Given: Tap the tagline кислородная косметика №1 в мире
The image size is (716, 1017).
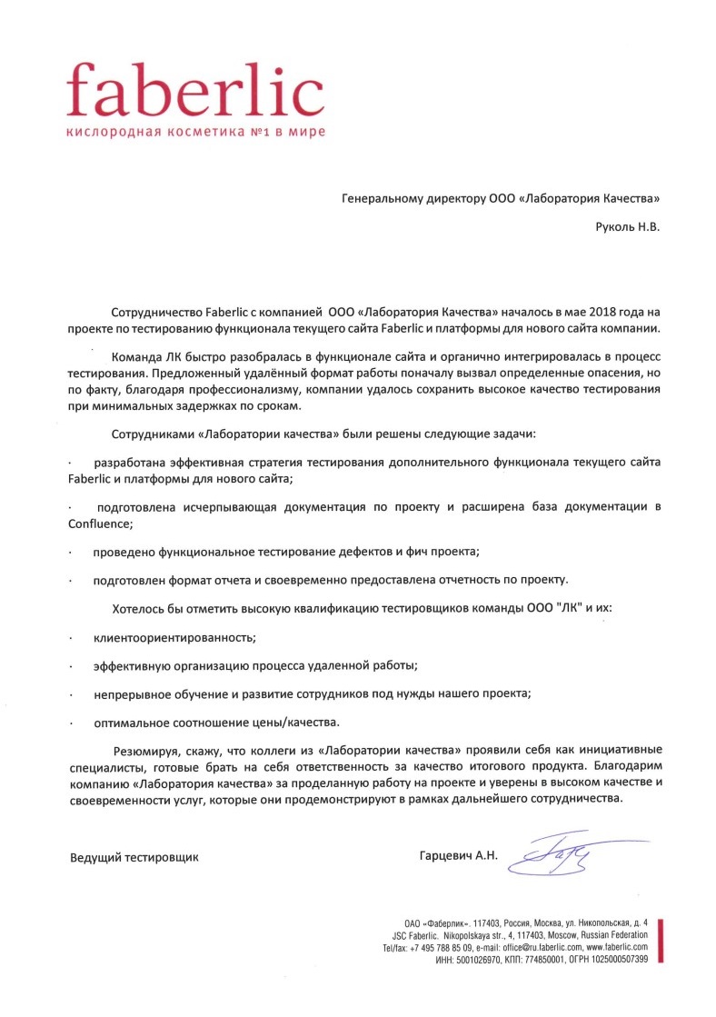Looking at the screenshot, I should point(194,132).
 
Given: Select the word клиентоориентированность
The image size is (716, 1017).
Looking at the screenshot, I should point(174,638).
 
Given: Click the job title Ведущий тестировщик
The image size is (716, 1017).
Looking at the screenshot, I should point(134,856).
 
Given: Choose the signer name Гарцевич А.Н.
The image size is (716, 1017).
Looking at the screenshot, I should point(459,856).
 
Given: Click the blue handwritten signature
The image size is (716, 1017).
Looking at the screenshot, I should point(550,854).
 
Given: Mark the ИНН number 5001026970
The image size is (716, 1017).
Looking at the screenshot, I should point(486,960).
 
